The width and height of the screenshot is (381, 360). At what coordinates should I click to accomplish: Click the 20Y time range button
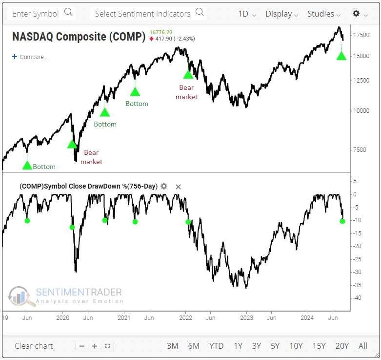click(x=341, y=346)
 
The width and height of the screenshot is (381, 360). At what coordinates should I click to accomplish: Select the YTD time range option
click(x=216, y=346)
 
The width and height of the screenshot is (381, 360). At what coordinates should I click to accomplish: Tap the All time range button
click(x=362, y=346)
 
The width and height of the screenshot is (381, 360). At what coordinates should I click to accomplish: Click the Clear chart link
click(x=34, y=346)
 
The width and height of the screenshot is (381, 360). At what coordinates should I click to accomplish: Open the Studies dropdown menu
click(x=323, y=14)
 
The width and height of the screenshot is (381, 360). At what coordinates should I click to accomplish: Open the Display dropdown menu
click(x=281, y=14)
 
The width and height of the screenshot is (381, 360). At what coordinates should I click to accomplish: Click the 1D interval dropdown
click(x=247, y=14)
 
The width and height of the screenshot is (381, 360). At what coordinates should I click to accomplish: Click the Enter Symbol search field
click(x=41, y=13)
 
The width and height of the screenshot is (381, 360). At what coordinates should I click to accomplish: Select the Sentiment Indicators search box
click(x=149, y=13)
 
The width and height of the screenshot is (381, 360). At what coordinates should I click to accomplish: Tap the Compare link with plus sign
click(x=30, y=57)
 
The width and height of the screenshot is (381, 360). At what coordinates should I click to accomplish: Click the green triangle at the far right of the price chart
click(x=341, y=56)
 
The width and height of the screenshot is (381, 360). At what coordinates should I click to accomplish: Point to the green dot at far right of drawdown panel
click(x=342, y=221)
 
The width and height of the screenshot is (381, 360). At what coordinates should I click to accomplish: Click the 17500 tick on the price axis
click(x=361, y=35)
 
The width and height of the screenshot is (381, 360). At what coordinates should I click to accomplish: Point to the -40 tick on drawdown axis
click(x=358, y=298)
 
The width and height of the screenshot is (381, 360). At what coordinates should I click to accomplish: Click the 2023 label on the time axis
click(x=246, y=317)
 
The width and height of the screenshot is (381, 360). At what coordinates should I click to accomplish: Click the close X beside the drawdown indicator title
click(x=178, y=187)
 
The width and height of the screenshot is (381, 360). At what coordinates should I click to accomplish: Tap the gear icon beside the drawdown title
click(x=164, y=186)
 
